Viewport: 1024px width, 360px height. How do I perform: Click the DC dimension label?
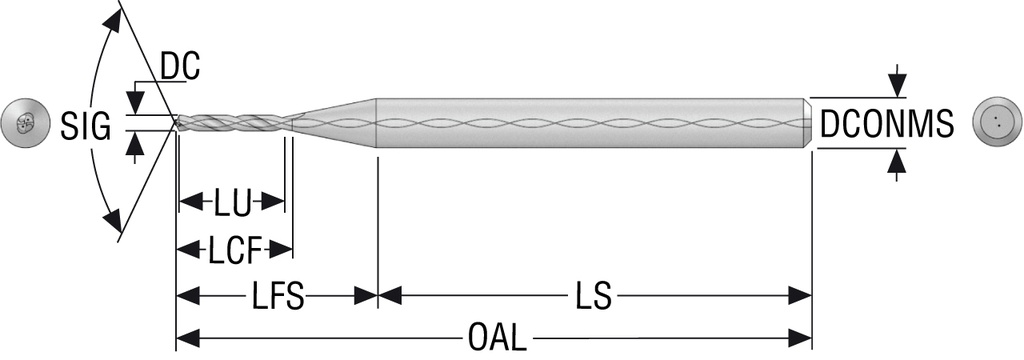(x=180, y=67)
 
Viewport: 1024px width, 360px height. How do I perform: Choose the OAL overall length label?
(x=496, y=336)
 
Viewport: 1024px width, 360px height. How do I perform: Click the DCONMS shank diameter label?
(x=886, y=124)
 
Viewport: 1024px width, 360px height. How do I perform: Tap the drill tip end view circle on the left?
(x=23, y=124)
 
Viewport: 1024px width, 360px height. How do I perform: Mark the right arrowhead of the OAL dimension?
(x=802, y=335)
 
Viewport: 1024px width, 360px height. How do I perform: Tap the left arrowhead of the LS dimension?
(x=388, y=296)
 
